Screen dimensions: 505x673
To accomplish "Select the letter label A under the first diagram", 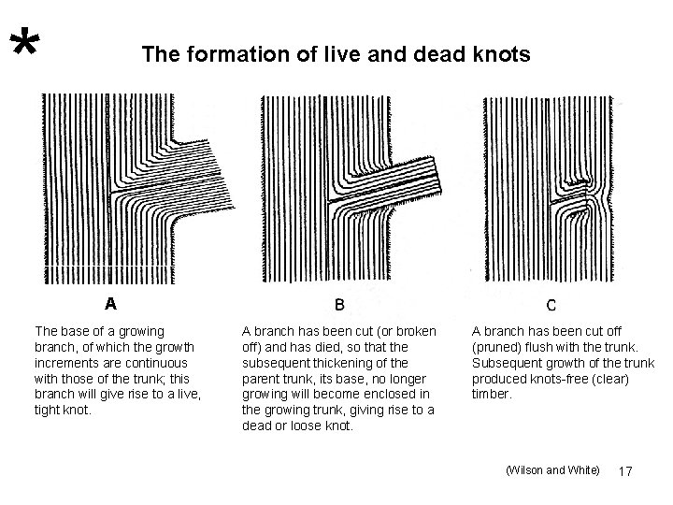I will click(110, 303).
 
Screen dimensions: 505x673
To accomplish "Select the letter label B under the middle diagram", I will click(338, 304).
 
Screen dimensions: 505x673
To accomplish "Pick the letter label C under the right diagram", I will click(551, 304).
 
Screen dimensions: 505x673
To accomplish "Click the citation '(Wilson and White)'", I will click(552, 470).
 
